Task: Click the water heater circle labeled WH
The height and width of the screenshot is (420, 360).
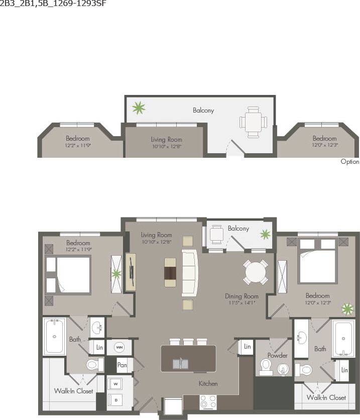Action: (119, 347)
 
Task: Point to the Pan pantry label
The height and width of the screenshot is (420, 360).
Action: (122, 365)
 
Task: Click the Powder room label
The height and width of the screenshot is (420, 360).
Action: (277, 355)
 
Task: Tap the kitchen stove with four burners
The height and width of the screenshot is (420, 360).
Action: (208, 401)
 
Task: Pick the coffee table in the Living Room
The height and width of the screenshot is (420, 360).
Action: (171, 272)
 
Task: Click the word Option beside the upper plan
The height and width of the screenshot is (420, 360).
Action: (350, 162)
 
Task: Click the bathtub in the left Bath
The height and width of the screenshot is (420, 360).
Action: (54, 336)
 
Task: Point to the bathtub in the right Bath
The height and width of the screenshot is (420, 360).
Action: (343, 339)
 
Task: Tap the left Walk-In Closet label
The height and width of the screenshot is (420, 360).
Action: (74, 391)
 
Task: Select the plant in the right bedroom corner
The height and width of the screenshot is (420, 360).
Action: (347, 309)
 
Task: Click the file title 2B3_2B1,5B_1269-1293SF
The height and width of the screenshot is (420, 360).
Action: (53, 4)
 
